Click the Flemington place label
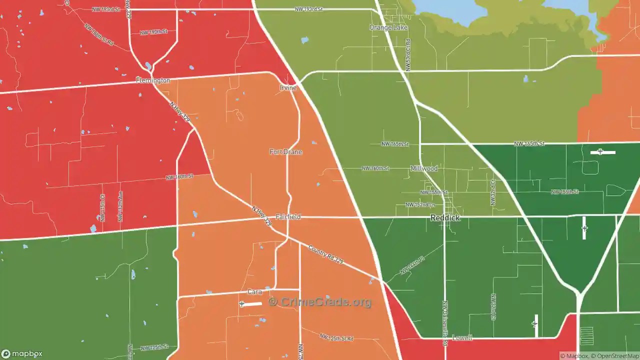[153, 80]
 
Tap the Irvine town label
[288, 88]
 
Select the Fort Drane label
[286, 152]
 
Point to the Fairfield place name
[288, 217]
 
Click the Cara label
[254, 292]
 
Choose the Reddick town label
[445, 218]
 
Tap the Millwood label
[423, 168]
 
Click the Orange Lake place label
[388, 27]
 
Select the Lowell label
[462, 338]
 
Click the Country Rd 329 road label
[325, 254]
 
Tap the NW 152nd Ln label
[420, 205]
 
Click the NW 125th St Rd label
[336, 338]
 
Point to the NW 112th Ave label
[120, 206]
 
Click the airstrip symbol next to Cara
[242, 304]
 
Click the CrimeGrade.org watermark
[320, 302]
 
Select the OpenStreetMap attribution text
[616, 356]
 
